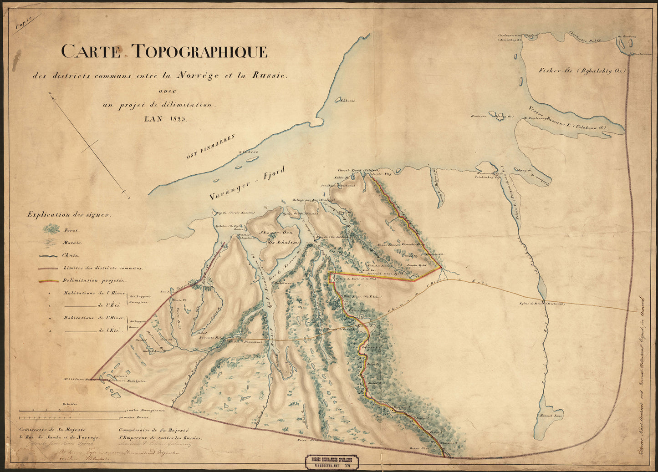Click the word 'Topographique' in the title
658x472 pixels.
199,51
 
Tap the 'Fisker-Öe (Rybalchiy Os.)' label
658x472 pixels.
582,71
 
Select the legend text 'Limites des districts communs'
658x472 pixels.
103,269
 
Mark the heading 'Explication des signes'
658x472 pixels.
68,214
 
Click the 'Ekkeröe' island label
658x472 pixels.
347,101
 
